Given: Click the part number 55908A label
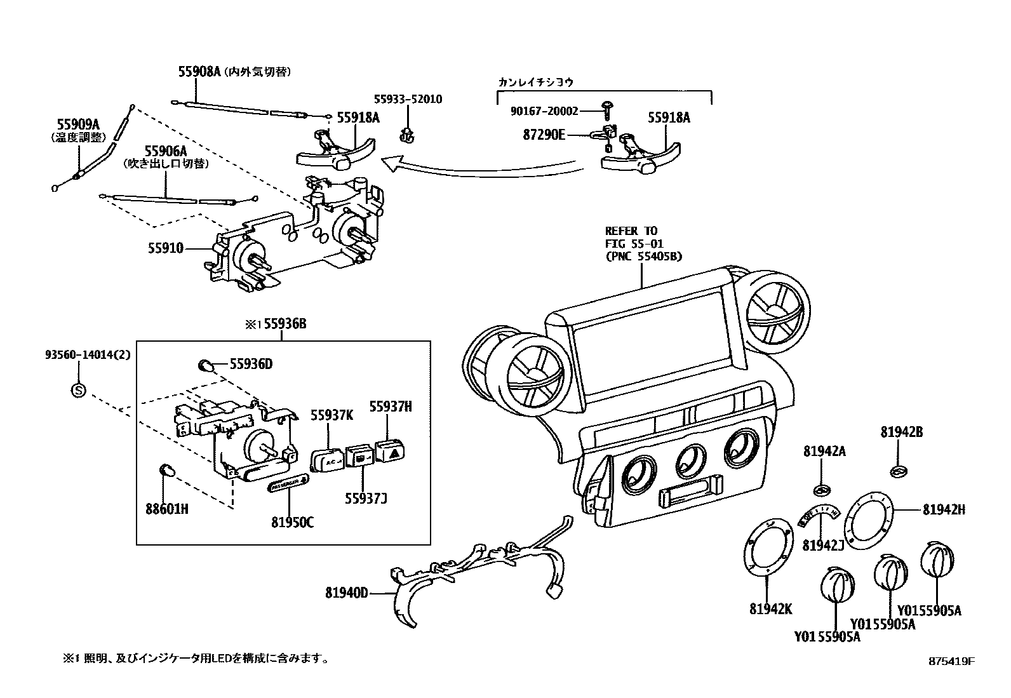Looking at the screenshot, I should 199,72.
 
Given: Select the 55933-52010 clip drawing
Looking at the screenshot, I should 406,134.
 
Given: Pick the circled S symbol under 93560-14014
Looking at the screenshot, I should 77,390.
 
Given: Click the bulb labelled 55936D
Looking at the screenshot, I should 204,365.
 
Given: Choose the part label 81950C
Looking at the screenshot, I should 292,523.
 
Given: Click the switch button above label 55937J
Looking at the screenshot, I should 359,457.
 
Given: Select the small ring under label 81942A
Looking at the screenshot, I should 822,490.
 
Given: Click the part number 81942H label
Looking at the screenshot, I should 944,509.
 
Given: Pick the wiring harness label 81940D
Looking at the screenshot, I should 347,593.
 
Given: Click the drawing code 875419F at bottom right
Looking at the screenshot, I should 951,661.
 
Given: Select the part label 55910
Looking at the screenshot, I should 166,248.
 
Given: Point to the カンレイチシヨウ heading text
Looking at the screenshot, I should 537,82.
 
